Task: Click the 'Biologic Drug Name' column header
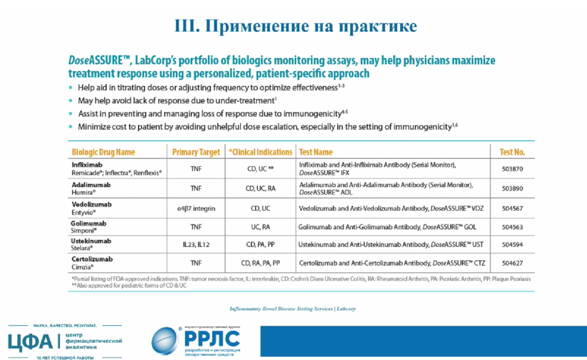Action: click(x=103, y=152)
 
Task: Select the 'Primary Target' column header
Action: click(x=196, y=152)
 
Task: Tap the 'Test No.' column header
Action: click(x=512, y=152)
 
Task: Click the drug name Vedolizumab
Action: click(x=92, y=204)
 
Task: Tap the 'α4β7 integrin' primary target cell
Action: click(x=196, y=208)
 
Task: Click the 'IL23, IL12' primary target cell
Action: click(x=196, y=244)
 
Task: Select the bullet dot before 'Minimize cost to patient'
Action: click(x=71, y=127)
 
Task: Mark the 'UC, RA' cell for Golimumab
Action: click(x=260, y=227)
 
